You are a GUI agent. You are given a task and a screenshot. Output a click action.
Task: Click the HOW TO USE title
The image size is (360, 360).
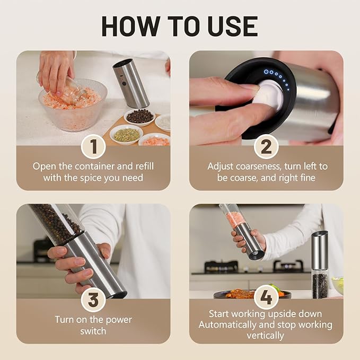pos(180,27)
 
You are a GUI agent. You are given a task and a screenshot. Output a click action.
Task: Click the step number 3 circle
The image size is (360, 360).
pos(93,300)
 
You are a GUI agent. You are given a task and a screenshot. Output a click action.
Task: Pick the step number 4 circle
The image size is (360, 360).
pos(266,297)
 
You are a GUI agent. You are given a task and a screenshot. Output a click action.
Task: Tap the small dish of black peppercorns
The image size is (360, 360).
pos(140,117)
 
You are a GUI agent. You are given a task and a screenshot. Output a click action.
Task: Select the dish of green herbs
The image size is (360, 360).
pos(127,134)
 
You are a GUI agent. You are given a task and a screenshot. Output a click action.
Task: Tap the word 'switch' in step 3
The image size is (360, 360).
pos(93,331)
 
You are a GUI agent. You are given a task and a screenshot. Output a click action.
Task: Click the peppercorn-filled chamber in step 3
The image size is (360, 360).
pos(56,223)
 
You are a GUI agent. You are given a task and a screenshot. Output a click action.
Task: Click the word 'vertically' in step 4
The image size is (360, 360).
pos(266,336)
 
